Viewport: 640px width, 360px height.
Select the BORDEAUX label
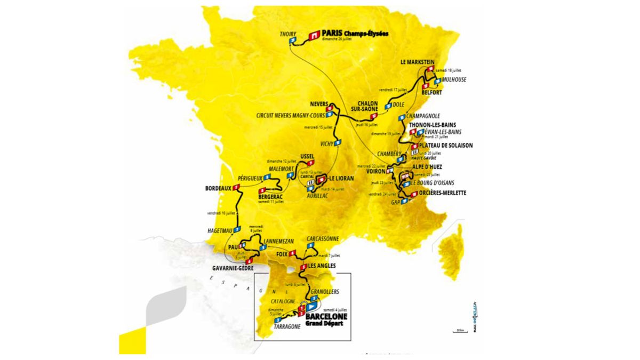click(218, 188)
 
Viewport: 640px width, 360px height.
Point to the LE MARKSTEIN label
click(418, 62)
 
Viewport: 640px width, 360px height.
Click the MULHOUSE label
click(454, 80)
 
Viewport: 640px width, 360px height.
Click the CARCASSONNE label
click(323, 239)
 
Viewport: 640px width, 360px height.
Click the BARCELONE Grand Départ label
click(326, 319)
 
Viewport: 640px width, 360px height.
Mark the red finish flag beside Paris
click(314, 34)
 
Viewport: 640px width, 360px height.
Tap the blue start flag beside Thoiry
click(292, 41)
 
